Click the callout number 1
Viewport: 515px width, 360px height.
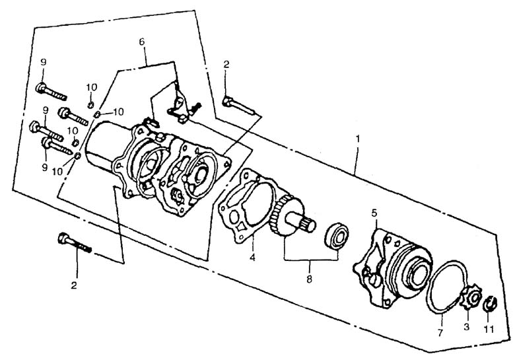coord(358,139)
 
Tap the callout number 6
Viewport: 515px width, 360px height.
coord(142,42)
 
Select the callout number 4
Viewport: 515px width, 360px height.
coord(252,258)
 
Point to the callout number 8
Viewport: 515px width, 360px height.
coord(309,279)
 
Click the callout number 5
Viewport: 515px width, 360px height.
coord(374,213)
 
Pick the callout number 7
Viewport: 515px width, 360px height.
coord(440,333)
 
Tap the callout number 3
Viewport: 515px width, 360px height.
coord(466,327)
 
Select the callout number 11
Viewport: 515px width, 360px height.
coord(489,329)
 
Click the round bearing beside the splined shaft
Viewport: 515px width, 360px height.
coord(337,237)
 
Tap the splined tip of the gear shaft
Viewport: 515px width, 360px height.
coord(308,225)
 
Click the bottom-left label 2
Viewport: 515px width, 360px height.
coord(74,285)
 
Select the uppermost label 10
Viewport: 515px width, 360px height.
coord(92,87)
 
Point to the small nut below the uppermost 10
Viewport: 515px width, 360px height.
coord(90,104)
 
